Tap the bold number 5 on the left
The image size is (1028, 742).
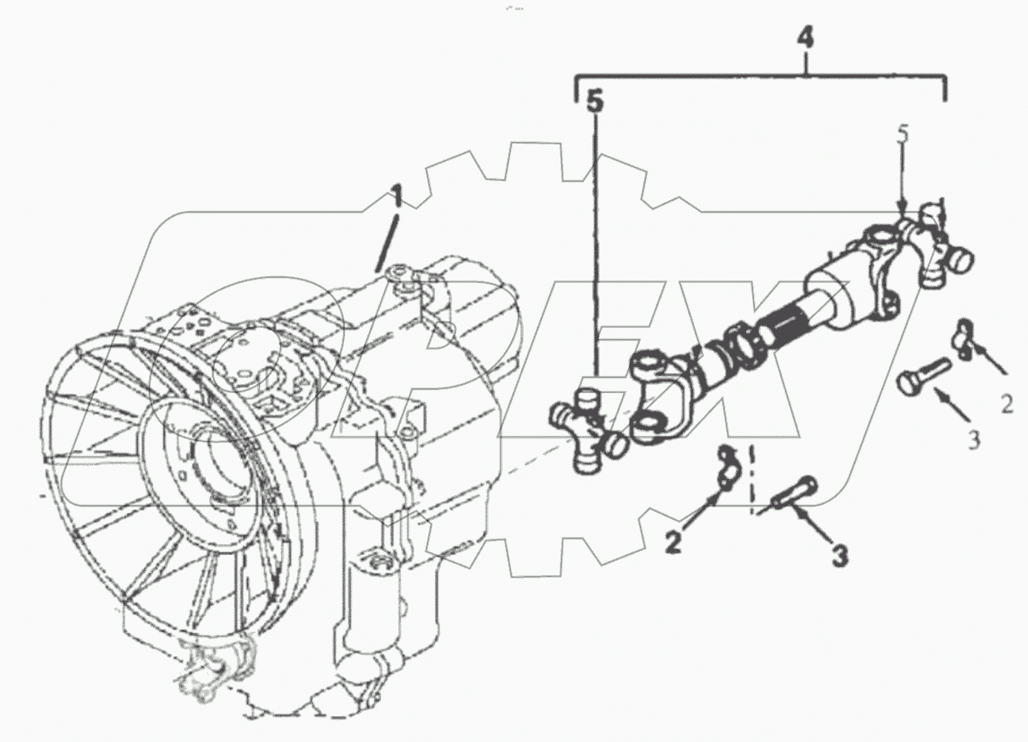point(594,102)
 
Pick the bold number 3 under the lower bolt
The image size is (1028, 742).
point(838,554)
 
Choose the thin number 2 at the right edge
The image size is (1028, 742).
point(1007,405)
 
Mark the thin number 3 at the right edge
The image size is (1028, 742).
point(974,440)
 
